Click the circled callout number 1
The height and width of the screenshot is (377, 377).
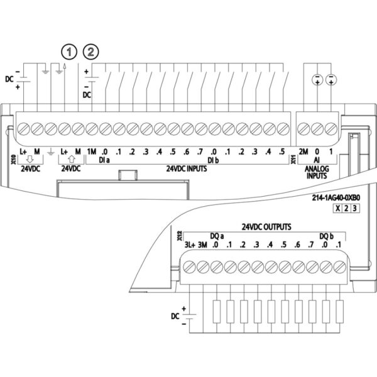65,50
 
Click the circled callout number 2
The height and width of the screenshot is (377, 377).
92,50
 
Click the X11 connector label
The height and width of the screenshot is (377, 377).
293,161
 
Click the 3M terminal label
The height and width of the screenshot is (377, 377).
202,245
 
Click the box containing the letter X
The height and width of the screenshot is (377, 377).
338,209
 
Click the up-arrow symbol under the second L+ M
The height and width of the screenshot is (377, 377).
70,160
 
